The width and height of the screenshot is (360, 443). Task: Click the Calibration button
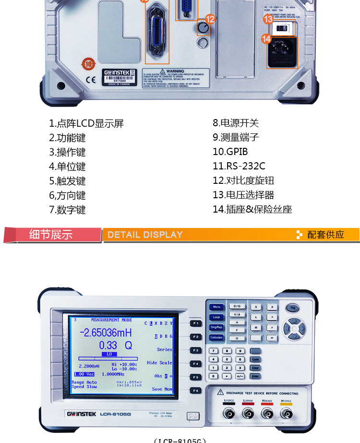tap(216, 337)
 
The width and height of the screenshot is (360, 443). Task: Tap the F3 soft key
tap(195, 350)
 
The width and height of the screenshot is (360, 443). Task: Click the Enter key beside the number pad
tap(255, 376)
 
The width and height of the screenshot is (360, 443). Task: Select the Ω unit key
tap(236, 338)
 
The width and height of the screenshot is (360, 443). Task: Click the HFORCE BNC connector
tap(286, 413)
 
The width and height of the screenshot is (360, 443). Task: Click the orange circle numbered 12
tap(210, 19)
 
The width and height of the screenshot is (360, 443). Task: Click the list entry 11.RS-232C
tap(239, 166)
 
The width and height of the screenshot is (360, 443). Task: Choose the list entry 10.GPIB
tap(230, 152)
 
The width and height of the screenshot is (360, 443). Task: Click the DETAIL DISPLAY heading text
tap(145, 235)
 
